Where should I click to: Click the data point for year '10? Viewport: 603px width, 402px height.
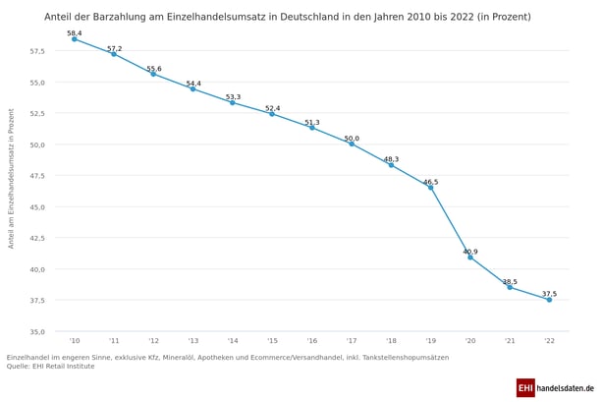coord(75,39)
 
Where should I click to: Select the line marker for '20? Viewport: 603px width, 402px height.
coord(470,258)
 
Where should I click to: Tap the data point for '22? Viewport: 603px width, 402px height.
coord(549,300)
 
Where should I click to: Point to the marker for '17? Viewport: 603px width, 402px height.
coord(352,144)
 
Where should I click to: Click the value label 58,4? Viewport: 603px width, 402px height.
coord(75,33)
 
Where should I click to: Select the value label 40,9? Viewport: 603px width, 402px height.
coord(470,252)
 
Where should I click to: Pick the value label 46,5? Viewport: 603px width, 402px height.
coord(430,182)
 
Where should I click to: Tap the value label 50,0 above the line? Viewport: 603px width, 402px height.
coord(352,139)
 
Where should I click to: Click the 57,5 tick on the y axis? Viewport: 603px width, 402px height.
coord(35,51)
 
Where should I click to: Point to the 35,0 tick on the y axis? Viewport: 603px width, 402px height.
coord(35,331)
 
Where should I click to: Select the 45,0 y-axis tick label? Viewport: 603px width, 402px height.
coord(35,206)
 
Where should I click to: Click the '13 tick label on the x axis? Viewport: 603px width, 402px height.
coord(193,341)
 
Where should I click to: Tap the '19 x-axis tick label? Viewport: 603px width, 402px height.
coord(430,341)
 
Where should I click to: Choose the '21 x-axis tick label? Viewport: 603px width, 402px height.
coord(510,341)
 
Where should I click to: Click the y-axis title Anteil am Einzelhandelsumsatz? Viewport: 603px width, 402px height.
coord(12,192)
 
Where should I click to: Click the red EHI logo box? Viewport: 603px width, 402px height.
coord(525,388)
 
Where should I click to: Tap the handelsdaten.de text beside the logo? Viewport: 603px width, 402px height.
coord(566,388)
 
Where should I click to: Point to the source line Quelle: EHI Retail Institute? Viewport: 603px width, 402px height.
coord(51,366)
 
